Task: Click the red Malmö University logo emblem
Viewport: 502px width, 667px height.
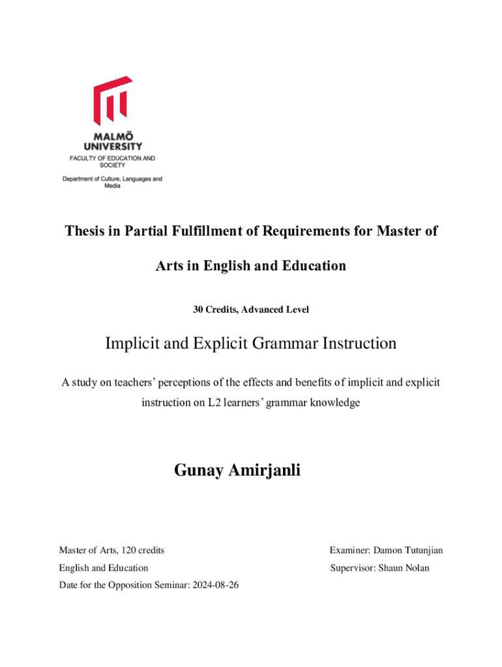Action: (112, 102)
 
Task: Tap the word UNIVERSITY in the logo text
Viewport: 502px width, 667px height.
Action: (112, 147)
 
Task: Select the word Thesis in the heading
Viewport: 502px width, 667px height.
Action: (85, 231)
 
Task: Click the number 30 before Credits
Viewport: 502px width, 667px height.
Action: (198, 310)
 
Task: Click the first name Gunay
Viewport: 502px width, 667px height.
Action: (199, 470)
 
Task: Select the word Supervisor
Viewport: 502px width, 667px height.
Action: (351, 568)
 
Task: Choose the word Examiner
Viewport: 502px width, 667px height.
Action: (349, 550)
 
